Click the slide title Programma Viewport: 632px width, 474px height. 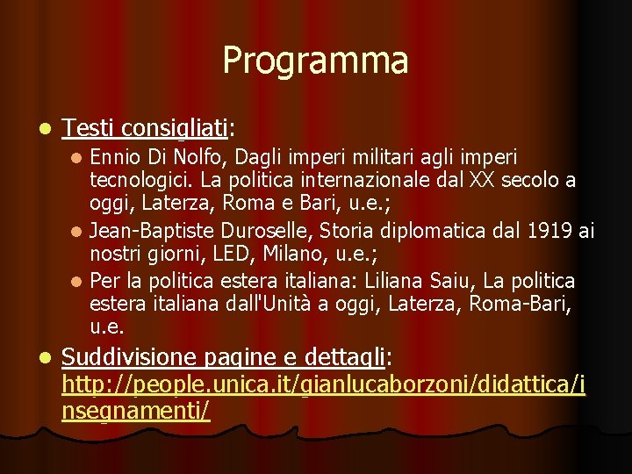(x=315, y=61)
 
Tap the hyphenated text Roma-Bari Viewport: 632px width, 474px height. (x=517, y=305)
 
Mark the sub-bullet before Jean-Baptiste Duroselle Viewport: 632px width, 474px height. (x=77, y=232)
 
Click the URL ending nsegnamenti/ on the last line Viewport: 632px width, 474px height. (x=136, y=409)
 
